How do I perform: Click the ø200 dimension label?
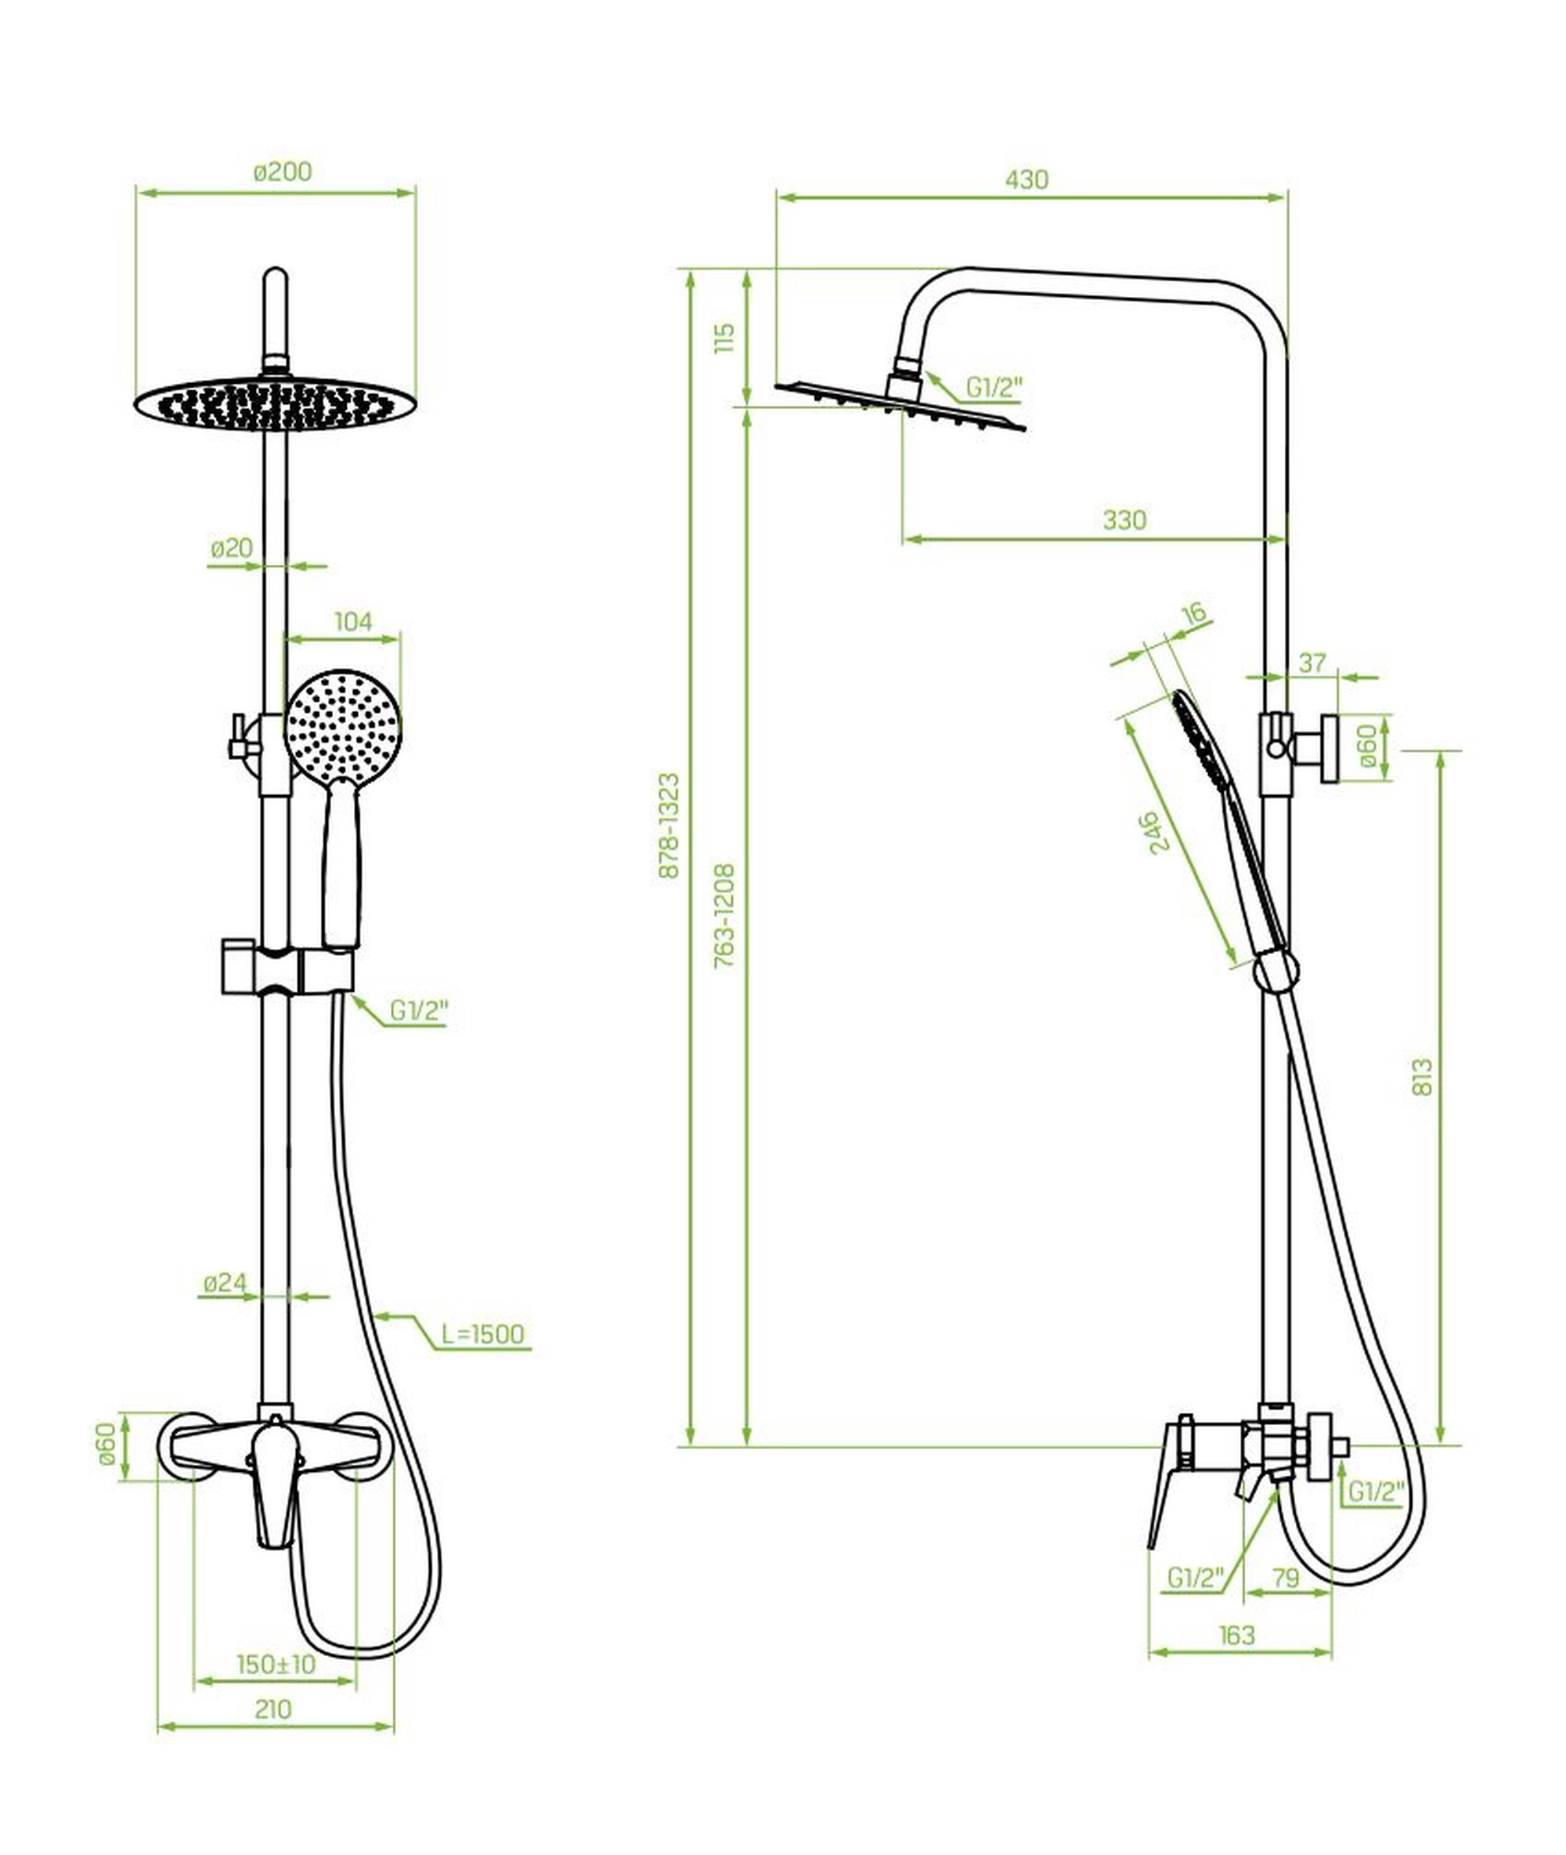(283, 172)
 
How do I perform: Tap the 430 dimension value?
(1027, 179)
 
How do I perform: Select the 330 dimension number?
(1125, 519)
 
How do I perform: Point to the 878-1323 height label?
(669, 826)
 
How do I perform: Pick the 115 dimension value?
(725, 338)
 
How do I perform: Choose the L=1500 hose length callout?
(483, 1334)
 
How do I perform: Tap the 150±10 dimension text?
(276, 1664)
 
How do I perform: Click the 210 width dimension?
(272, 1709)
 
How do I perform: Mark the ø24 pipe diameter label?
(226, 1283)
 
